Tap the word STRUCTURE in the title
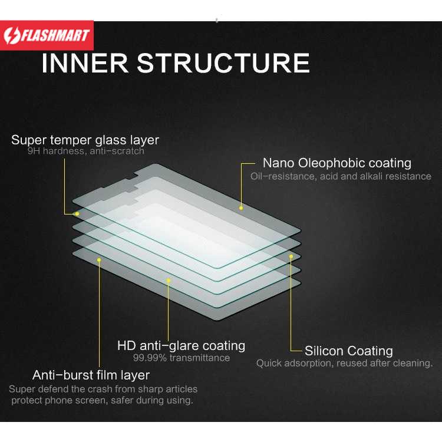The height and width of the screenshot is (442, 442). click(223, 63)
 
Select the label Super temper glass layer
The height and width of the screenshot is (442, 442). click(85, 140)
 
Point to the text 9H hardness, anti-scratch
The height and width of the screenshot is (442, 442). click(85, 151)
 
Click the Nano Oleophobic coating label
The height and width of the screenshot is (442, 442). click(337, 163)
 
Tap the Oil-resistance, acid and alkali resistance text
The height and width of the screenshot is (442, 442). click(341, 176)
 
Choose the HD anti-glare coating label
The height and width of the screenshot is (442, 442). click(181, 345)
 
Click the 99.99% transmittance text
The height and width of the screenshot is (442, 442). click(181, 358)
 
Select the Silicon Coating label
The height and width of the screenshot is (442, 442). click(348, 351)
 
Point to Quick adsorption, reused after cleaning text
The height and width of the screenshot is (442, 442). click(348, 364)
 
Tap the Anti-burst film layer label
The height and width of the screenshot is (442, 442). click(91, 375)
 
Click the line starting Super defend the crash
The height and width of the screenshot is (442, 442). click(103, 389)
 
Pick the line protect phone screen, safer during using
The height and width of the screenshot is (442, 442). click(101, 401)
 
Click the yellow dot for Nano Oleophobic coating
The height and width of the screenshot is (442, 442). click(241, 207)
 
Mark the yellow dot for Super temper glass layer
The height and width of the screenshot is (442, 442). click(76, 213)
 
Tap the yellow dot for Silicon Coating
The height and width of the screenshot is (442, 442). click(291, 256)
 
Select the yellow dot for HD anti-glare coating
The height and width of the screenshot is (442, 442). click(169, 281)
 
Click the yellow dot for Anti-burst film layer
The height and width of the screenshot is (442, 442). click(99, 259)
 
